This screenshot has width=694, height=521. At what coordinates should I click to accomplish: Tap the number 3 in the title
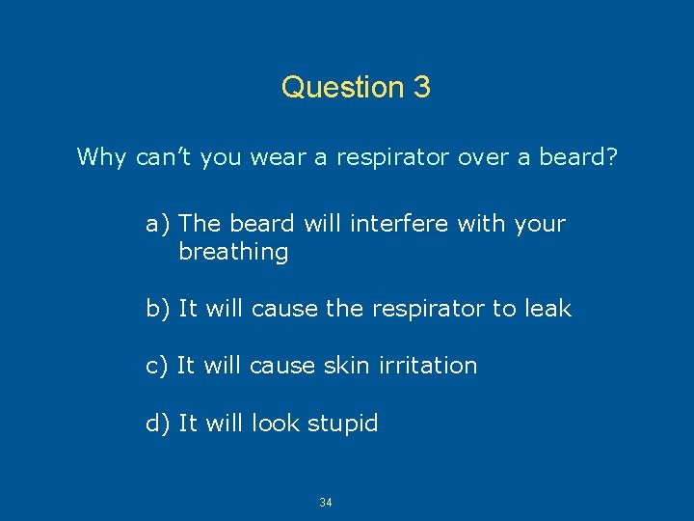(421, 88)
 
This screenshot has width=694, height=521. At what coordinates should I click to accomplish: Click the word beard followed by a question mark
(576, 156)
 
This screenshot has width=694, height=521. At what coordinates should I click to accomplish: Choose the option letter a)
(158, 224)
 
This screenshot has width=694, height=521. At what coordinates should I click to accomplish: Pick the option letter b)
(158, 309)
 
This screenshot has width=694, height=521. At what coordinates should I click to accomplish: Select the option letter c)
(157, 366)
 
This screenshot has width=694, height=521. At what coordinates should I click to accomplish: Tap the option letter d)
(158, 423)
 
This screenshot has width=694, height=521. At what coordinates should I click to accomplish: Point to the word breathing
(233, 253)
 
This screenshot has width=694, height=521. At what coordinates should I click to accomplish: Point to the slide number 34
(326, 503)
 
